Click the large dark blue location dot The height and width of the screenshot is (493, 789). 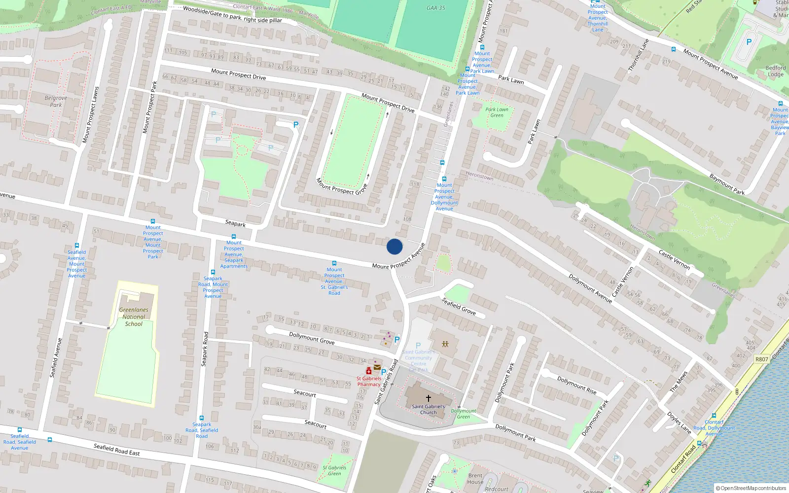pos(394,246)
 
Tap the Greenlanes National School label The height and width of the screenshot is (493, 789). pos(134,317)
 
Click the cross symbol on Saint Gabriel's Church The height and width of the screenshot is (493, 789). pos(429,398)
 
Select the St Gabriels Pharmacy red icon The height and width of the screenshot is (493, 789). pos(369,371)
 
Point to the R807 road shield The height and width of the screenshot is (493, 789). pos(761,359)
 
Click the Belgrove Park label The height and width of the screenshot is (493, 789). pos(56,102)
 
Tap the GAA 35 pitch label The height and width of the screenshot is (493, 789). pos(435,8)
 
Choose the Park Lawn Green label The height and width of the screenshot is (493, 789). pos(497,112)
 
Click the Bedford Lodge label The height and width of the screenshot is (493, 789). pos(776,71)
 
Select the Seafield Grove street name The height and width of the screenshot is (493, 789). pos(459,306)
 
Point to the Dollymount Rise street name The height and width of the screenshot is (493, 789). pos(577,385)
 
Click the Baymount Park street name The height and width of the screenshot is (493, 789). pos(727,184)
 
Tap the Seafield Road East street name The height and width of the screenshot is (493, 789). pos(117,449)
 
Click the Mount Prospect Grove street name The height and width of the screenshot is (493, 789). pos(342,186)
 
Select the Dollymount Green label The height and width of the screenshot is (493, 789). pos(464,414)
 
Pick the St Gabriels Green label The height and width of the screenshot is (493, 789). pos(334,470)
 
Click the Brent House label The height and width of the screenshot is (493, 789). pos(475,479)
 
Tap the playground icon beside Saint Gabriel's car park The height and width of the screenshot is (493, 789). pos(445,344)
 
